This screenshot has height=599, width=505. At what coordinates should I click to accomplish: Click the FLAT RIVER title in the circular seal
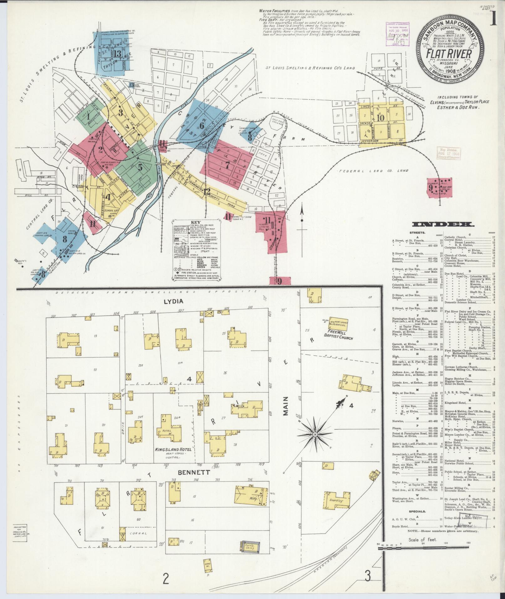(x=449, y=54)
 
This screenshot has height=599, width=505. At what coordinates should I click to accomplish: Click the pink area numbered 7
(x=227, y=165)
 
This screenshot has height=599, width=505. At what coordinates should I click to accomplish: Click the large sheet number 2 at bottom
(x=165, y=578)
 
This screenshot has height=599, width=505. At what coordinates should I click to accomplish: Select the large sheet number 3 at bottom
(x=367, y=576)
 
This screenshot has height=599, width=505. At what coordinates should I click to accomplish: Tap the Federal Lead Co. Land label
(x=374, y=171)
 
